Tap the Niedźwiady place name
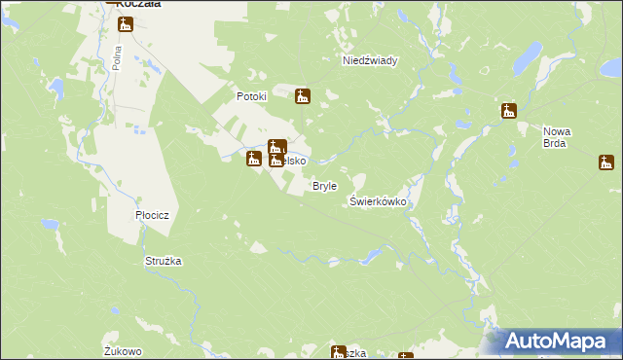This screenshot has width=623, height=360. click(370, 60)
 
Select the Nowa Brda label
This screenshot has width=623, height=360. click(557, 137)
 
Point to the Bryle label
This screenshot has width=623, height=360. click(324, 186)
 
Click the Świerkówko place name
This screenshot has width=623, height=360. click(378, 201)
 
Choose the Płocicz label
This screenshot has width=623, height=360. click(153, 215)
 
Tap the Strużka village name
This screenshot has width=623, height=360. click(164, 261)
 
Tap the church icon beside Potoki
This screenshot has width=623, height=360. click(303, 95)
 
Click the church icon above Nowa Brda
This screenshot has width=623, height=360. click(508, 111)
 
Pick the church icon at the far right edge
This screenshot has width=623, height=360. click(606, 162)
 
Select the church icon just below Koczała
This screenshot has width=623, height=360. click(126, 24)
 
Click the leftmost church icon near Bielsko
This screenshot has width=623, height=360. click(254, 158)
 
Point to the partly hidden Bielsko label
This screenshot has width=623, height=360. click(296, 161)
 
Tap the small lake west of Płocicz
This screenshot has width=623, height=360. click(51, 224)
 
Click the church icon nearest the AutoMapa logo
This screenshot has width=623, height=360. click(405, 356)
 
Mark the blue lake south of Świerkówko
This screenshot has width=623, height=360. click(373, 255)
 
